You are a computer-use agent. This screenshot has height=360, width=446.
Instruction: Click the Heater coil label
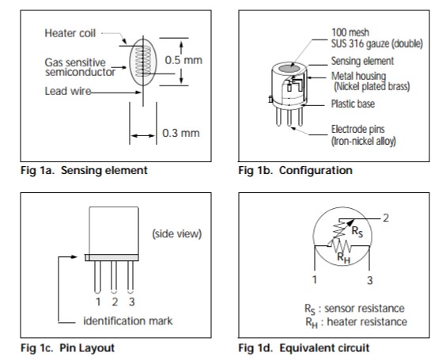(70, 33)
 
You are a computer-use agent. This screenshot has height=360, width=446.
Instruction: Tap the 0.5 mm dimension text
(183, 60)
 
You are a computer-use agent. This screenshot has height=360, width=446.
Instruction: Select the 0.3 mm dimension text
(181, 133)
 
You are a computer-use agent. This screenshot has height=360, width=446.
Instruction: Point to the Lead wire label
(68, 91)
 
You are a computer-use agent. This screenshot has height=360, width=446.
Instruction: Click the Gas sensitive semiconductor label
(80, 67)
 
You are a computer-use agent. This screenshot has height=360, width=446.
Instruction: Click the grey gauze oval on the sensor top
(289, 69)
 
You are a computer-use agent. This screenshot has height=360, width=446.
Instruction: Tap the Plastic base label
(353, 104)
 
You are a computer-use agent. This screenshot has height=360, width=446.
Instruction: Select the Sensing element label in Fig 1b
(362, 61)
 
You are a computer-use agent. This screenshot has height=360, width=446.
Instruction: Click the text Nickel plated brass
(372, 86)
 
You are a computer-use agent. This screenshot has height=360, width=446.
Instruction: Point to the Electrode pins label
(357, 129)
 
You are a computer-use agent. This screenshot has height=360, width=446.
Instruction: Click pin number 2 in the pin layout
(115, 301)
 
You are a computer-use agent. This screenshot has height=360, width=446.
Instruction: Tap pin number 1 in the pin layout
(98, 301)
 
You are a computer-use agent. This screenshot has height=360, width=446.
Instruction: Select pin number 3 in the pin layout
(131, 301)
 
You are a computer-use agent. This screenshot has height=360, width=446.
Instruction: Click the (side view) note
(177, 233)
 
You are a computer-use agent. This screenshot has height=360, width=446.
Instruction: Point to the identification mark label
(128, 321)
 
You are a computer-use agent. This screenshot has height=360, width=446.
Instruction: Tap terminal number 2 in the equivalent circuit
(386, 218)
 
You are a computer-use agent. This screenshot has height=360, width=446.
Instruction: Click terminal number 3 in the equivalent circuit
(369, 280)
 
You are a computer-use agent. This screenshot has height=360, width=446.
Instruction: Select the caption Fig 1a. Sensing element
(84, 170)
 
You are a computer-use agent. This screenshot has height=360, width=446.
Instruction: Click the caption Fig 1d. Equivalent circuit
(304, 348)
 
